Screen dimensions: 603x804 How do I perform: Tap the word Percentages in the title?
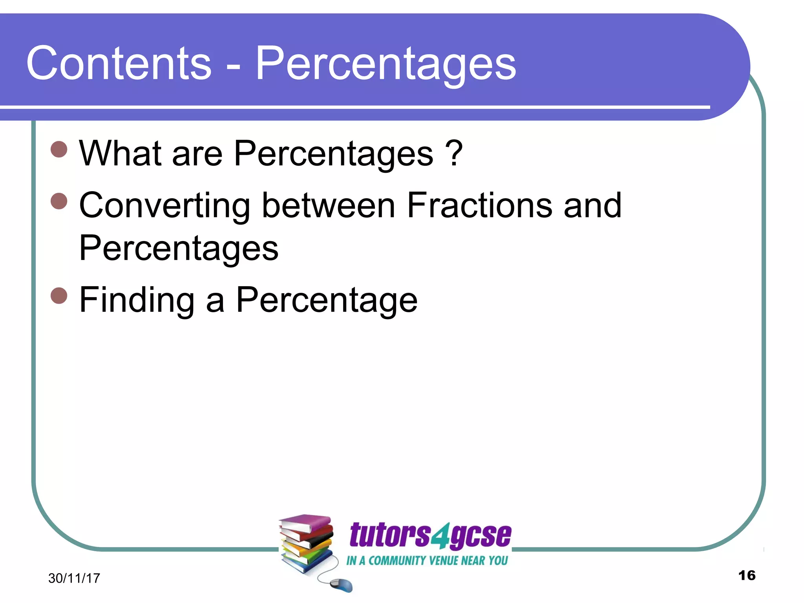click(x=386, y=64)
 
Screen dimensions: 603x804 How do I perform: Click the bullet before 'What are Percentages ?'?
click(x=59, y=149)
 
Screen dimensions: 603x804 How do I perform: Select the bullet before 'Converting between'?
click(x=59, y=201)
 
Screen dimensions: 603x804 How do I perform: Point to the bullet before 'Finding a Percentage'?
click(x=59, y=295)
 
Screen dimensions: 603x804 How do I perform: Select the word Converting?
click(x=164, y=206)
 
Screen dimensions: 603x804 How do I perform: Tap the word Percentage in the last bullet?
click(x=327, y=300)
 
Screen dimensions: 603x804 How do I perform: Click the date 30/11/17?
click(x=74, y=578)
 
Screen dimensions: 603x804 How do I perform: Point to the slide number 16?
click(x=747, y=576)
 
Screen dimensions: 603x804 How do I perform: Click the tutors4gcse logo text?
click(x=430, y=535)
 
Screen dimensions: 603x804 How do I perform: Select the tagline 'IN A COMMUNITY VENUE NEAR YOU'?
click(x=427, y=561)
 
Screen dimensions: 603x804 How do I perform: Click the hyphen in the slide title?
click(x=233, y=65)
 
